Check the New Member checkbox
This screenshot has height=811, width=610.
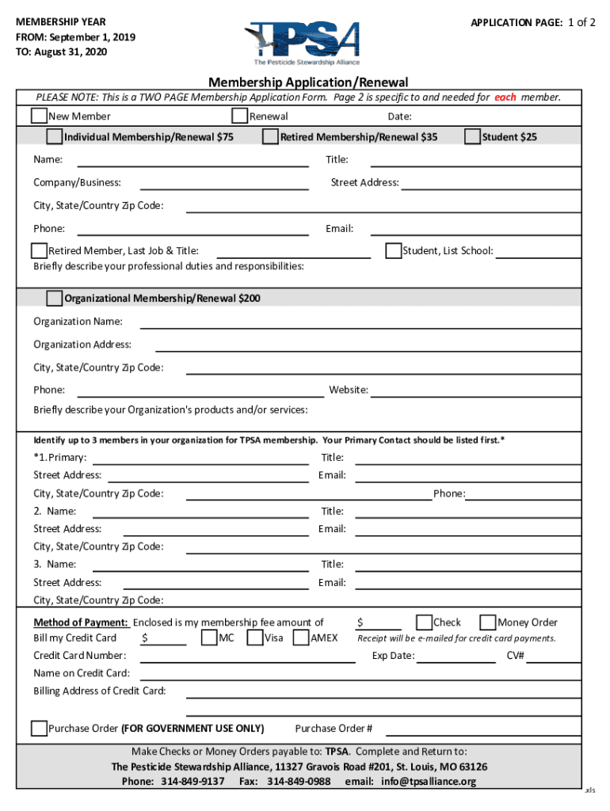pyautogui.click(x=39, y=116)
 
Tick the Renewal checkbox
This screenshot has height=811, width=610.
pyautogui.click(x=240, y=116)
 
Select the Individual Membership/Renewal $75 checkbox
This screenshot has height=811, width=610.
pyautogui.click(x=54, y=137)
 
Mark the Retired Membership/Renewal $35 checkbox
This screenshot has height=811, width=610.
pyautogui.click(x=270, y=137)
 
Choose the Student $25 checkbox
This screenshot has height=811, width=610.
pyautogui.click(x=472, y=137)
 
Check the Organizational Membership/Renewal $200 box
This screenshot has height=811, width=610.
pyautogui.click(x=54, y=299)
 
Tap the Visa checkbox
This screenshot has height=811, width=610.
pyautogui.click(x=255, y=638)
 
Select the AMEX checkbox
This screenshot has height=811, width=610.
pyautogui.click(x=301, y=638)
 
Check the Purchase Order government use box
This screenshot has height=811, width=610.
pyautogui.click(x=39, y=729)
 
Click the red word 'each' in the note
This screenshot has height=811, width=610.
pyautogui.click(x=505, y=97)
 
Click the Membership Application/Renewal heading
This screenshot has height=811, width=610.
pyautogui.click(x=308, y=82)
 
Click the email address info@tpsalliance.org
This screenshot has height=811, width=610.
pyautogui.click(x=429, y=782)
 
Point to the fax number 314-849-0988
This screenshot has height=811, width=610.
pyautogui.click(x=299, y=782)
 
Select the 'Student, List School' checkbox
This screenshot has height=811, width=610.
pyautogui.click(x=393, y=251)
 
